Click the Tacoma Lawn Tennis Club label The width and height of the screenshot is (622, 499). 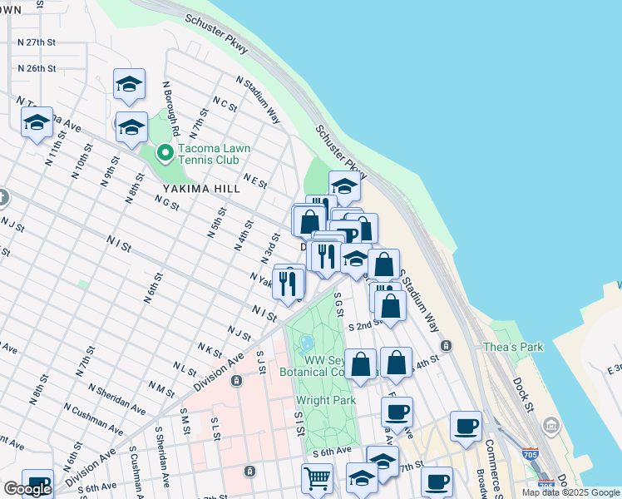point(208,155)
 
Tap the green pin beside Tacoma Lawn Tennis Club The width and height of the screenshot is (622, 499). point(165,151)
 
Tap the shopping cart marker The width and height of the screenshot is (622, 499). point(317,479)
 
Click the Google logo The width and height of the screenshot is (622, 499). point(27,488)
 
